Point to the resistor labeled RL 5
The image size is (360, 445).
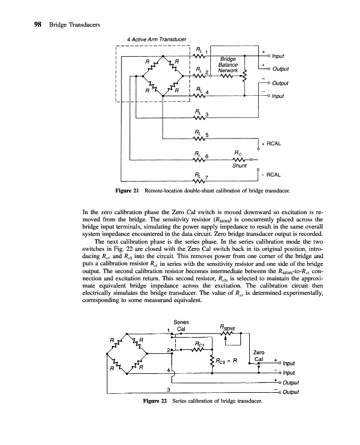coord(199,138)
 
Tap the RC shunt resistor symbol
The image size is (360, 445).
coord(238,160)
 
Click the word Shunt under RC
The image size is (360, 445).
coord(239,165)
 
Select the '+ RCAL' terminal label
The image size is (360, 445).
coord(272,144)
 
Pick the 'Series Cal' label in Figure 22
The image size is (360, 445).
coord(181,325)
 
